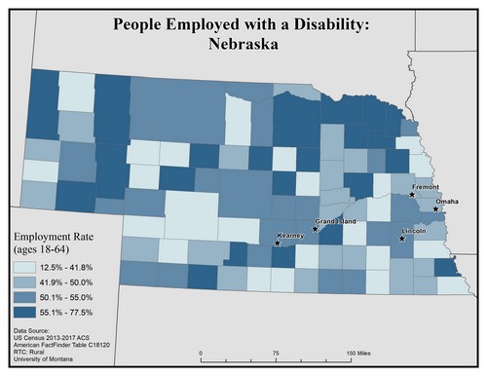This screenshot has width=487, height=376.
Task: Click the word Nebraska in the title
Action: click(x=243, y=44)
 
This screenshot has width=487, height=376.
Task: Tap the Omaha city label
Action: click(x=447, y=201)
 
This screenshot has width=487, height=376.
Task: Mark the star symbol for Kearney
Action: click(x=278, y=244)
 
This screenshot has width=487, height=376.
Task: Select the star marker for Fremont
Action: click(x=413, y=195)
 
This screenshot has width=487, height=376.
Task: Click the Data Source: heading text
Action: click(x=35, y=332)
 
